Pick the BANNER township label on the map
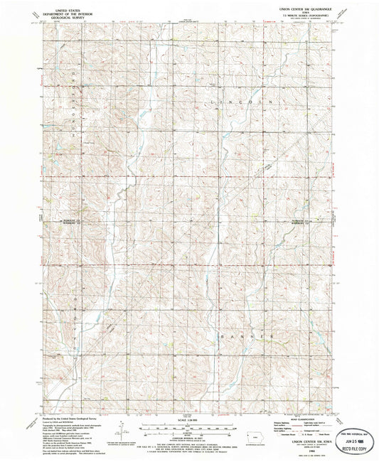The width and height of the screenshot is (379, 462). tap(245, 334)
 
